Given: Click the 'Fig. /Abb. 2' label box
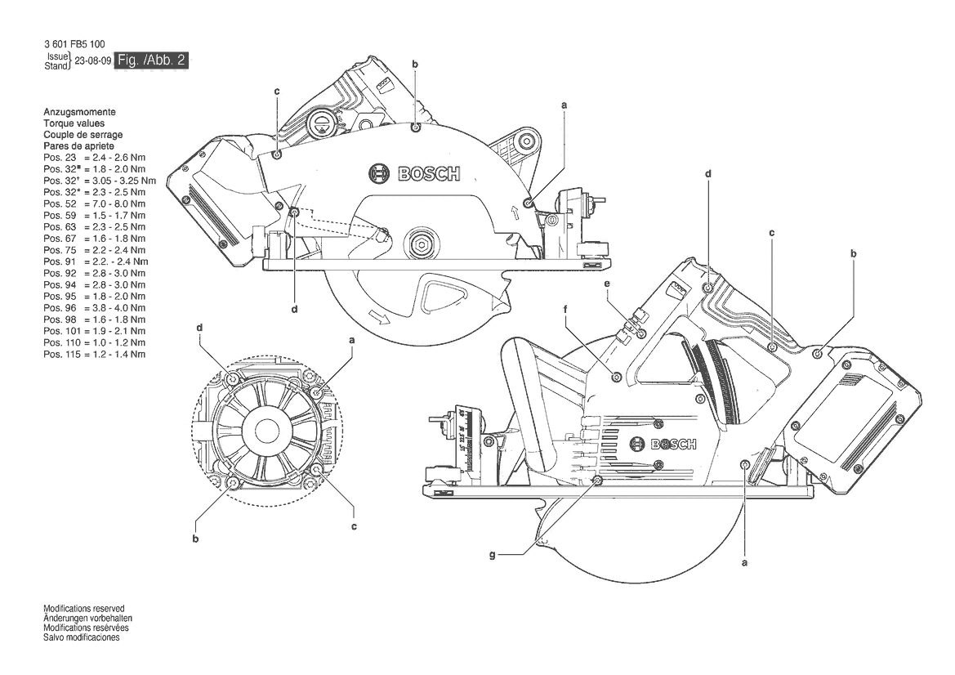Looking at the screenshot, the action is [152, 60].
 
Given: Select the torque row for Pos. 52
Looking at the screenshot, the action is [95, 204].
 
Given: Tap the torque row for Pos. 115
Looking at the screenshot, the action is [95, 355].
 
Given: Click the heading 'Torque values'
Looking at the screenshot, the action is [74, 123].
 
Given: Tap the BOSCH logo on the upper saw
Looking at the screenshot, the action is [414, 174].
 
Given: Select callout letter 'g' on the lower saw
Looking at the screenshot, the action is [492, 555].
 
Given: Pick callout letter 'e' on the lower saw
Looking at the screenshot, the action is [607, 284].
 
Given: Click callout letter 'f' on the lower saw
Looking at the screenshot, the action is [565, 310].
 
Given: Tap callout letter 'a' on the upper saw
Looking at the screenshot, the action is [564, 105].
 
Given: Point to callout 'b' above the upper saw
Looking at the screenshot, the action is [415, 64].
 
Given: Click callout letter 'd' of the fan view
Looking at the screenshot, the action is [199, 328].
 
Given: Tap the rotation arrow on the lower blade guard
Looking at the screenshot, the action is [382, 318].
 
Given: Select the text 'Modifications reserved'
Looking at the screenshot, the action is [84, 609].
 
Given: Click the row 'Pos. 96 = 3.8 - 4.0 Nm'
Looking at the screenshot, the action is [95, 308].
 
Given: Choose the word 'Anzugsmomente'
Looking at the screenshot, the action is [79, 112].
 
